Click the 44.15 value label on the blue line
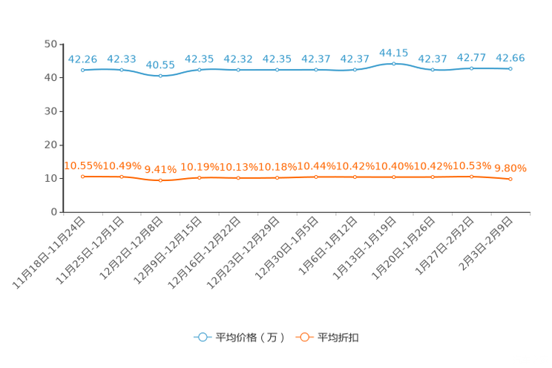point(393,53)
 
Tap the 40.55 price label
point(160,65)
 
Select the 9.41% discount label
point(160,169)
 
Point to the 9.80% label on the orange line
point(510,168)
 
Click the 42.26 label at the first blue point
point(82,59)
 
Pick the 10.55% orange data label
point(83,165)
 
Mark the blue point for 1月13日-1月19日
point(394,64)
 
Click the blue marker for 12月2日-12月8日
point(160,76)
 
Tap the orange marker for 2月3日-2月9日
point(510,179)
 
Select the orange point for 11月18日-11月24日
point(83,177)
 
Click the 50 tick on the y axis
point(50,44)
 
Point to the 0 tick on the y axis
point(54,212)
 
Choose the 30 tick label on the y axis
point(50,111)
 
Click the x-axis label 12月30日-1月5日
point(286,248)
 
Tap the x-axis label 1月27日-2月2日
point(444,246)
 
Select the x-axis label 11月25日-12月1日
point(90,250)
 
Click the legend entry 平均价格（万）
point(239,338)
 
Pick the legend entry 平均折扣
point(327,338)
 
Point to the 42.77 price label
point(471,57)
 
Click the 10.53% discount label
point(472,165)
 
